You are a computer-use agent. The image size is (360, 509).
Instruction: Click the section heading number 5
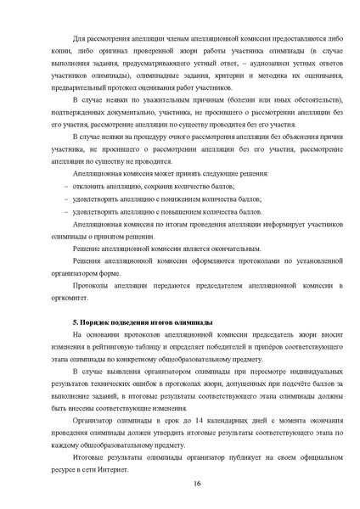(x=76, y=324)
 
